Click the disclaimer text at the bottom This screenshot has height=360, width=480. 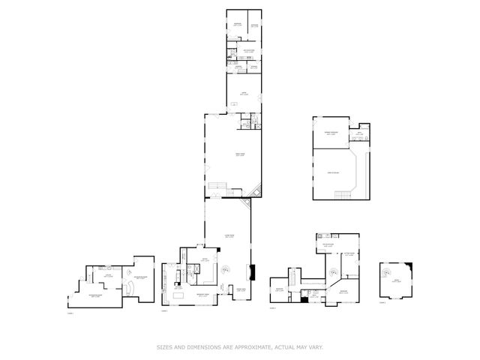point(240,346)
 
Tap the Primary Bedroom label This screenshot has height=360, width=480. point(334,133)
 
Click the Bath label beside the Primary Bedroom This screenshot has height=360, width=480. point(359,133)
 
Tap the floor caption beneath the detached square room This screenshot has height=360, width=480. point(382,303)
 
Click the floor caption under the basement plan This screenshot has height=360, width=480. point(70,313)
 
